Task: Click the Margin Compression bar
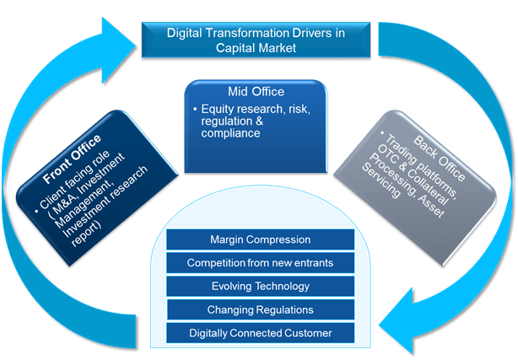tap(261, 239)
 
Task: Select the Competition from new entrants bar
tap(261, 263)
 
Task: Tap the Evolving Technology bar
tap(261, 287)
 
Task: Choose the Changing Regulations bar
tap(261, 309)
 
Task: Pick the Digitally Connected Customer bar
tap(261, 333)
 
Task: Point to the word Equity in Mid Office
tap(218, 110)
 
